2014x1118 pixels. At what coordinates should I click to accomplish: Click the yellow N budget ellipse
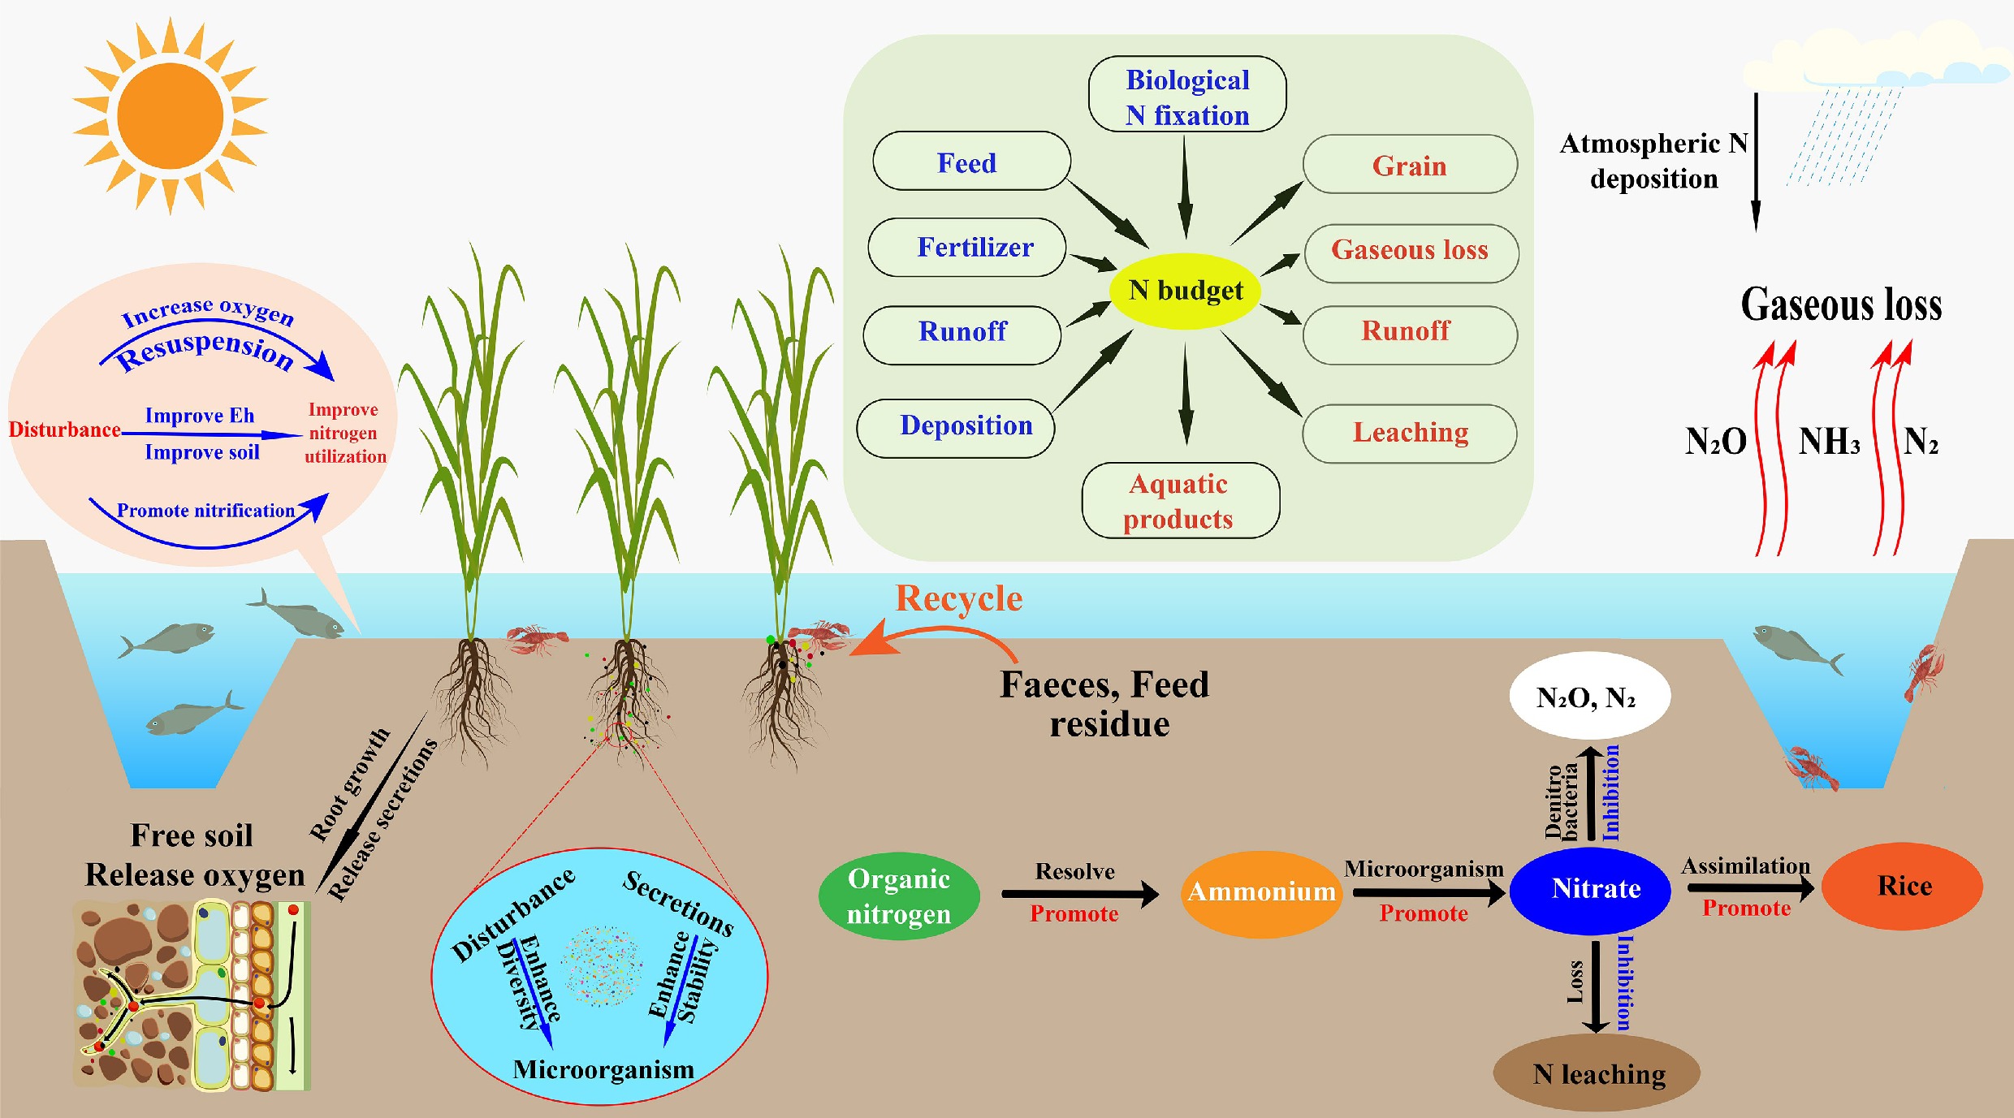pyautogui.click(x=1185, y=291)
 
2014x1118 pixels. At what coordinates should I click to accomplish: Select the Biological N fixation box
pyautogui.click(x=1187, y=94)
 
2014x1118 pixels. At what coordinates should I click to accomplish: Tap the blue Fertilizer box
pyautogui.click(x=967, y=247)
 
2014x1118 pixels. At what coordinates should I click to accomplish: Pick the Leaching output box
pyautogui.click(x=1410, y=433)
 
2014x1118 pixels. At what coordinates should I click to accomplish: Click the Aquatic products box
pyautogui.click(x=1181, y=500)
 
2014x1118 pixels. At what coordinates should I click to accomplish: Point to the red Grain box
pyautogui.click(x=1410, y=165)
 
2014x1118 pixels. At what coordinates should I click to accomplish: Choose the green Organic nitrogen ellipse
pyautogui.click(x=899, y=896)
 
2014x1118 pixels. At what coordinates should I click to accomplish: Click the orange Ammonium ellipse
pyautogui.click(x=1261, y=893)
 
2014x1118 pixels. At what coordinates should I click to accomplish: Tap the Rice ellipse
pyautogui.click(x=1902, y=887)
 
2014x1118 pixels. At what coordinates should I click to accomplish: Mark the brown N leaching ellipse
pyautogui.click(x=1597, y=1073)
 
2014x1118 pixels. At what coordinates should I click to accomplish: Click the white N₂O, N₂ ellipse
pyautogui.click(x=1589, y=697)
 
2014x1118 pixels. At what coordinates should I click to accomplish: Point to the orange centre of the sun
pyautogui.click(x=171, y=116)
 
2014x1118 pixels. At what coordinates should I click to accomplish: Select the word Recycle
pyautogui.click(x=958, y=598)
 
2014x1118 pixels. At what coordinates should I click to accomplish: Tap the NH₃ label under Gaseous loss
pyautogui.click(x=1829, y=442)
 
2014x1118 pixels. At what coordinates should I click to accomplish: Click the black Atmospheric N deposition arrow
pyautogui.click(x=1756, y=162)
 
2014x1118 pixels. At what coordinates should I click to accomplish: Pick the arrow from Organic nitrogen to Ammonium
pyautogui.click(x=1079, y=894)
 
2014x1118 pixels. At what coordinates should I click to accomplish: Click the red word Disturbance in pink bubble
pyautogui.click(x=65, y=430)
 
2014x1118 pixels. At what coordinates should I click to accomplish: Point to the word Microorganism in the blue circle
pyautogui.click(x=603, y=1069)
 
